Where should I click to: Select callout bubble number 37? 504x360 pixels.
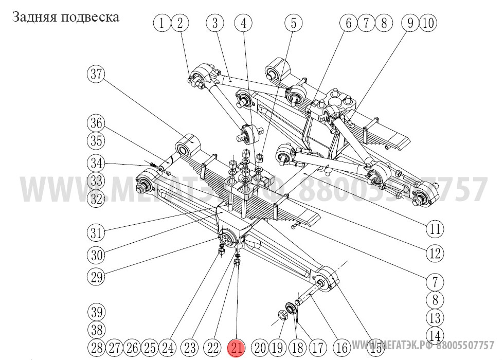click(95, 74)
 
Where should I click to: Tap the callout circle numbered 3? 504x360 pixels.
click(215, 23)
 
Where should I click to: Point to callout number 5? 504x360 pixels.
click(244, 23)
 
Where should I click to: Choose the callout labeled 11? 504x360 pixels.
click(294, 23)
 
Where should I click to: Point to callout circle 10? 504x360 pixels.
click(428, 23)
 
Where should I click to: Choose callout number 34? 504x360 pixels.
click(96, 164)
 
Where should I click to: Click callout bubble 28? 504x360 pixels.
click(96, 348)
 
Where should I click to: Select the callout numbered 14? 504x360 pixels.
click(435, 335)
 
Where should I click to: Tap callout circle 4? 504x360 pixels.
click(244, 23)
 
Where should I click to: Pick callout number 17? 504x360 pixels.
click(317, 348)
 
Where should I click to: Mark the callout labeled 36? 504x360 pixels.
click(96, 124)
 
